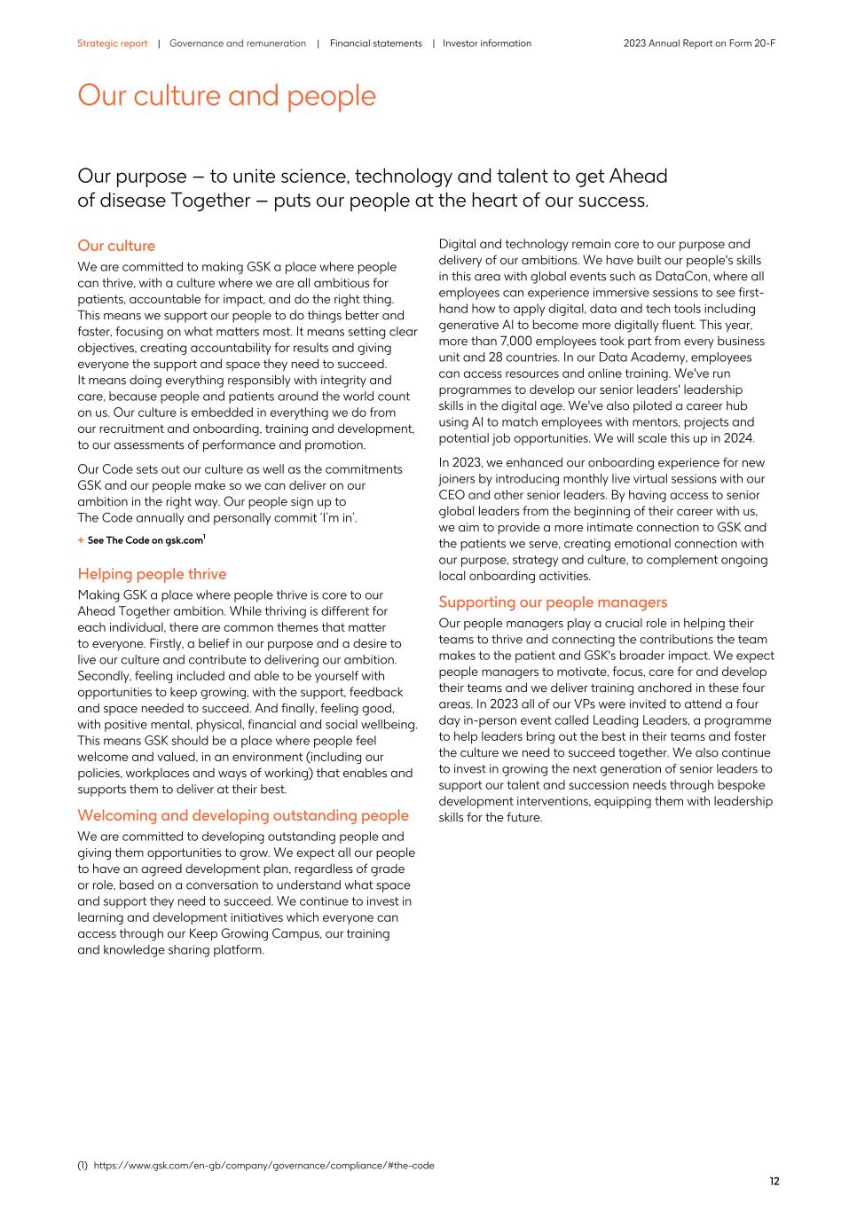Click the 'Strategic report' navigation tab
pyautogui.click(x=112, y=43)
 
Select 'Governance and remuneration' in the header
pyautogui.click(x=238, y=43)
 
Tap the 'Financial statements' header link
pyautogui.click(x=375, y=43)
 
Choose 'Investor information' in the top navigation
pyautogui.click(x=487, y=43)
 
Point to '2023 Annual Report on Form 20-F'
pyautogui.click(x=699, y=43)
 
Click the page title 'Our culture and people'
pyautogui.click(x=226, y=96)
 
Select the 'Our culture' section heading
pyautogui.click(x=116, y=246)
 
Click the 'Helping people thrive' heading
pyautogui.click(x=152, y=574)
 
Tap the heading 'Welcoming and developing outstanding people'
pyautogui.click(x=243, y=815)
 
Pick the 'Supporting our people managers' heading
pyautogui.click(x=553, y=602)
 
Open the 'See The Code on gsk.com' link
pyautogui.click(x=145, y=540)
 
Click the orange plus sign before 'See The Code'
pyautogui.click(x=81, y=540)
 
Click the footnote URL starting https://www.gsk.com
pyautogui.click(x=263, y=1165)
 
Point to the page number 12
pyautogui.click(x=774, y=1181)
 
